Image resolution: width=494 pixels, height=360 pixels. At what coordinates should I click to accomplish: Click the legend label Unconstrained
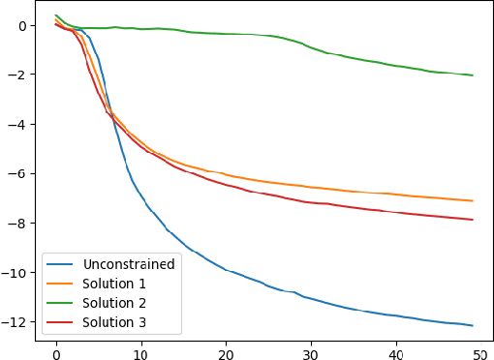pyautogui.click(x=129, y=263)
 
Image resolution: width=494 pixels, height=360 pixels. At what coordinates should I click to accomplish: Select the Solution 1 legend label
pyautogui.click(x=113, y=283)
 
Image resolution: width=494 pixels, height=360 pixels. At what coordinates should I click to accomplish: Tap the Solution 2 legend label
pyautogui.click(x=113, y=303)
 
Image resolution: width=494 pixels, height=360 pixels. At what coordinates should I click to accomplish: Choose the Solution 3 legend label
pyautogui.click(x=113, y=322)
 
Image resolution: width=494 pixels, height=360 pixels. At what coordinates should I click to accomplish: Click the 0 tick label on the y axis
pyautogui.click(x=23, y=26)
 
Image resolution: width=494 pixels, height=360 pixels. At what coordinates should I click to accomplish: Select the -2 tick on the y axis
pyautogui.click(x=19, y=75)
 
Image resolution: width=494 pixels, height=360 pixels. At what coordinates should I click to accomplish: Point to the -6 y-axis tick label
pyautogui.click(x=19, y=174)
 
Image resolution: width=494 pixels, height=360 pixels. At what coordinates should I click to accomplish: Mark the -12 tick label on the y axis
pyautogui.click(x=16, y=322)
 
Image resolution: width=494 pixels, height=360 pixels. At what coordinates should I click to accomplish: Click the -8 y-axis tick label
pyautogui.click(x=19, y=224)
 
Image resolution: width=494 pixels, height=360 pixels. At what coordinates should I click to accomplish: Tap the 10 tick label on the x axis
pyautogui.click(x=141, y=348)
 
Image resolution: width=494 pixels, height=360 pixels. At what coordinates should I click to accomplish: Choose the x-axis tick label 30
pyautogui.click(x=311, y=348)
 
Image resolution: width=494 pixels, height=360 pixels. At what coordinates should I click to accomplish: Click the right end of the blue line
pyautogui.click(x=472, y=325)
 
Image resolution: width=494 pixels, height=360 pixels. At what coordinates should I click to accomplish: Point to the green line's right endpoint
pyautogui.click(x=472, y=75)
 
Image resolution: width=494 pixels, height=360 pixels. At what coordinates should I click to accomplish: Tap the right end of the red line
pyautogui.click(x=472, y=220)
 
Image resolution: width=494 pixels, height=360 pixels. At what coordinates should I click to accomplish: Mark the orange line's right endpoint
pyautogui.click(x=472, y=200)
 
